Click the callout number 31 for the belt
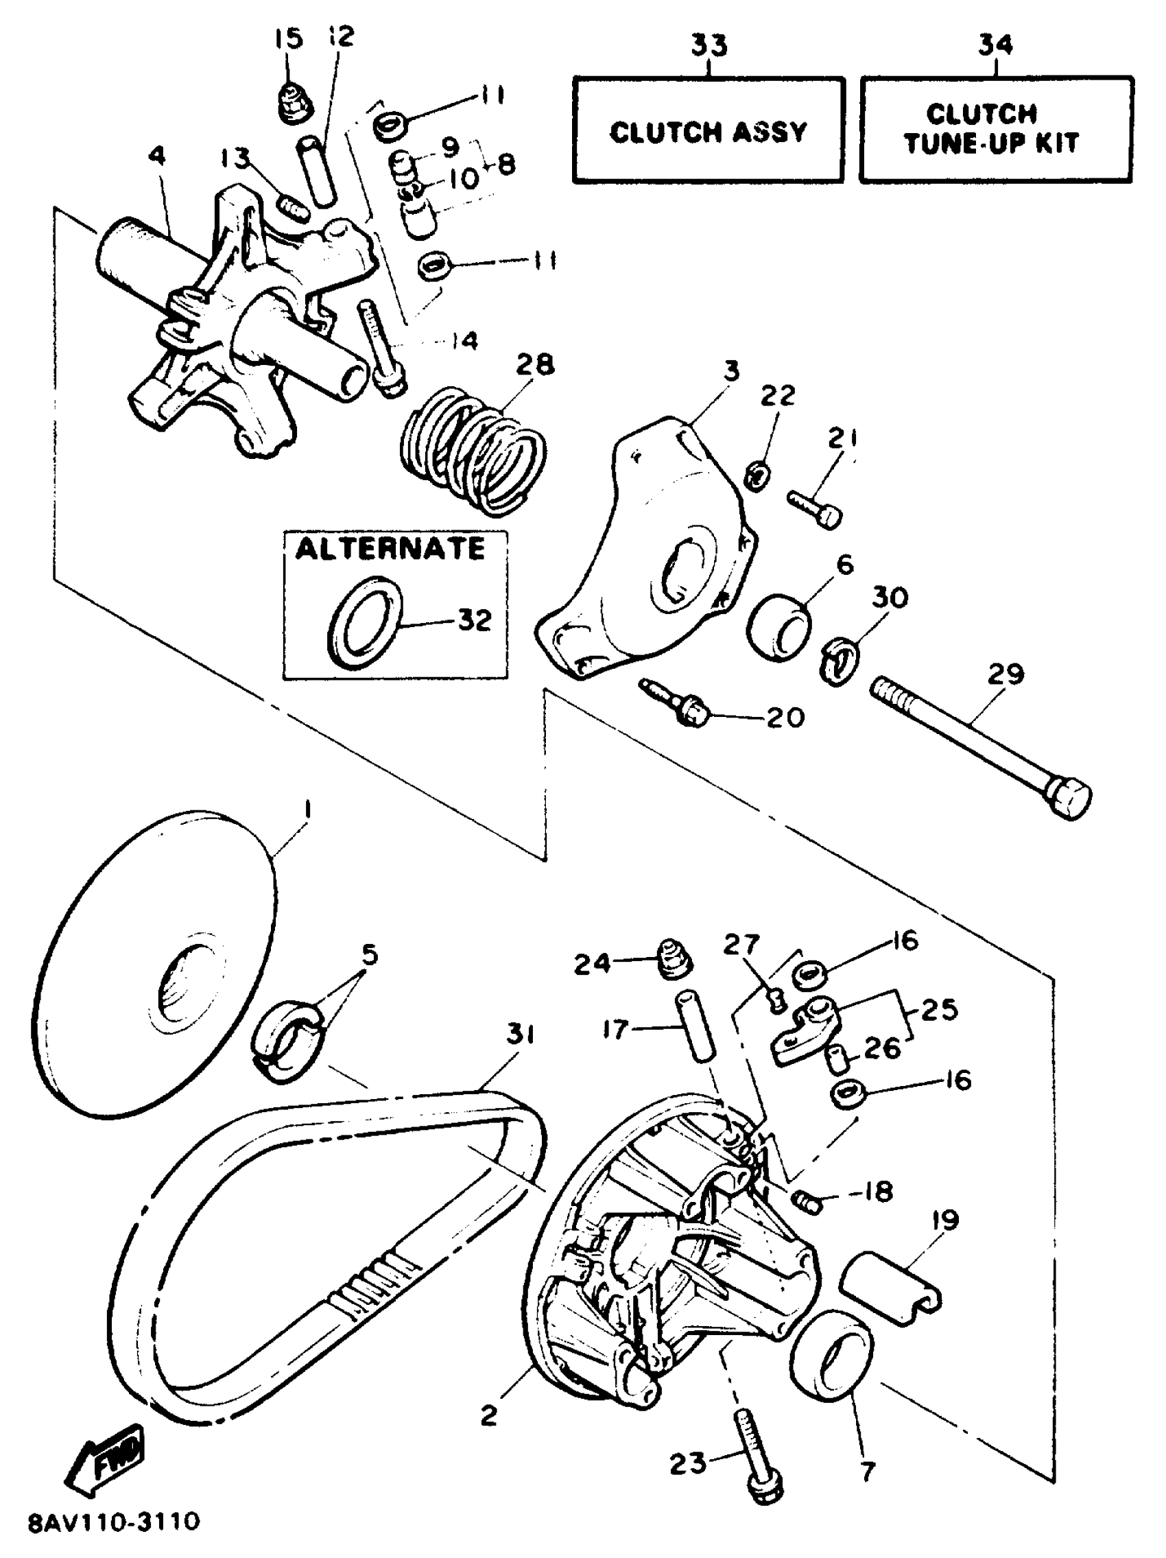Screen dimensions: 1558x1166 [x=520, y=1035]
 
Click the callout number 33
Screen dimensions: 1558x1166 [x=709, y=45]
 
